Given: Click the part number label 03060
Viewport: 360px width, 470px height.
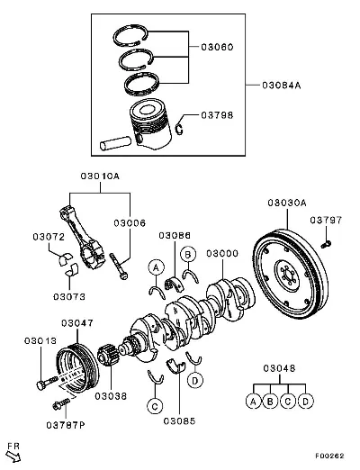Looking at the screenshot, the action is [217, 47].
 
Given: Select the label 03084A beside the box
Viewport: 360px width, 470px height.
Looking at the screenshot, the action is [282, 86].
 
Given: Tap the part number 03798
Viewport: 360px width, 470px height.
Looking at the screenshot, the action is [217, 115].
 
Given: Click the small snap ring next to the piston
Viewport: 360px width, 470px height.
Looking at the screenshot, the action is [179, 129].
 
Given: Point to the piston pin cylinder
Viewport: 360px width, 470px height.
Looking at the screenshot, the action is [115, 143].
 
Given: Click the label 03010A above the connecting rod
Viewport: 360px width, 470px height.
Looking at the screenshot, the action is [100, 176].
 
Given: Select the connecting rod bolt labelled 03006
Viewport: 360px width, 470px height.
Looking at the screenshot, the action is [119, 267].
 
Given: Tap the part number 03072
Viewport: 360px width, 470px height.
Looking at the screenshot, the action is [49, 237].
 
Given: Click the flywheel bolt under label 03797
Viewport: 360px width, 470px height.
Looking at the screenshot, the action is [326, 244].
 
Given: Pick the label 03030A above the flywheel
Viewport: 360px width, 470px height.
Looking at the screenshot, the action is [287, 203].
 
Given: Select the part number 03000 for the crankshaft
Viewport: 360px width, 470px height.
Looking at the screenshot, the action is [222, 253].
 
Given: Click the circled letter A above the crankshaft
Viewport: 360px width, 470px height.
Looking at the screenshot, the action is [157, 267].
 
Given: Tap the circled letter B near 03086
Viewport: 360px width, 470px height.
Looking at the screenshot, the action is [188, 255].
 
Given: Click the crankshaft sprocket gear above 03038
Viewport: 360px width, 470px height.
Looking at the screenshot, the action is [106, 356].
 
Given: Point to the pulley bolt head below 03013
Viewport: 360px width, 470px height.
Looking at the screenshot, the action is [41, 384].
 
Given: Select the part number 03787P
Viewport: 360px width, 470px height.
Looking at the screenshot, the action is [66, 425].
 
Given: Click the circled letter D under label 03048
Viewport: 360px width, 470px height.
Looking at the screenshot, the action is [305, 401].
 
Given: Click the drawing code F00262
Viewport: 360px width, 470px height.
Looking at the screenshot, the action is [329, 456].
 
